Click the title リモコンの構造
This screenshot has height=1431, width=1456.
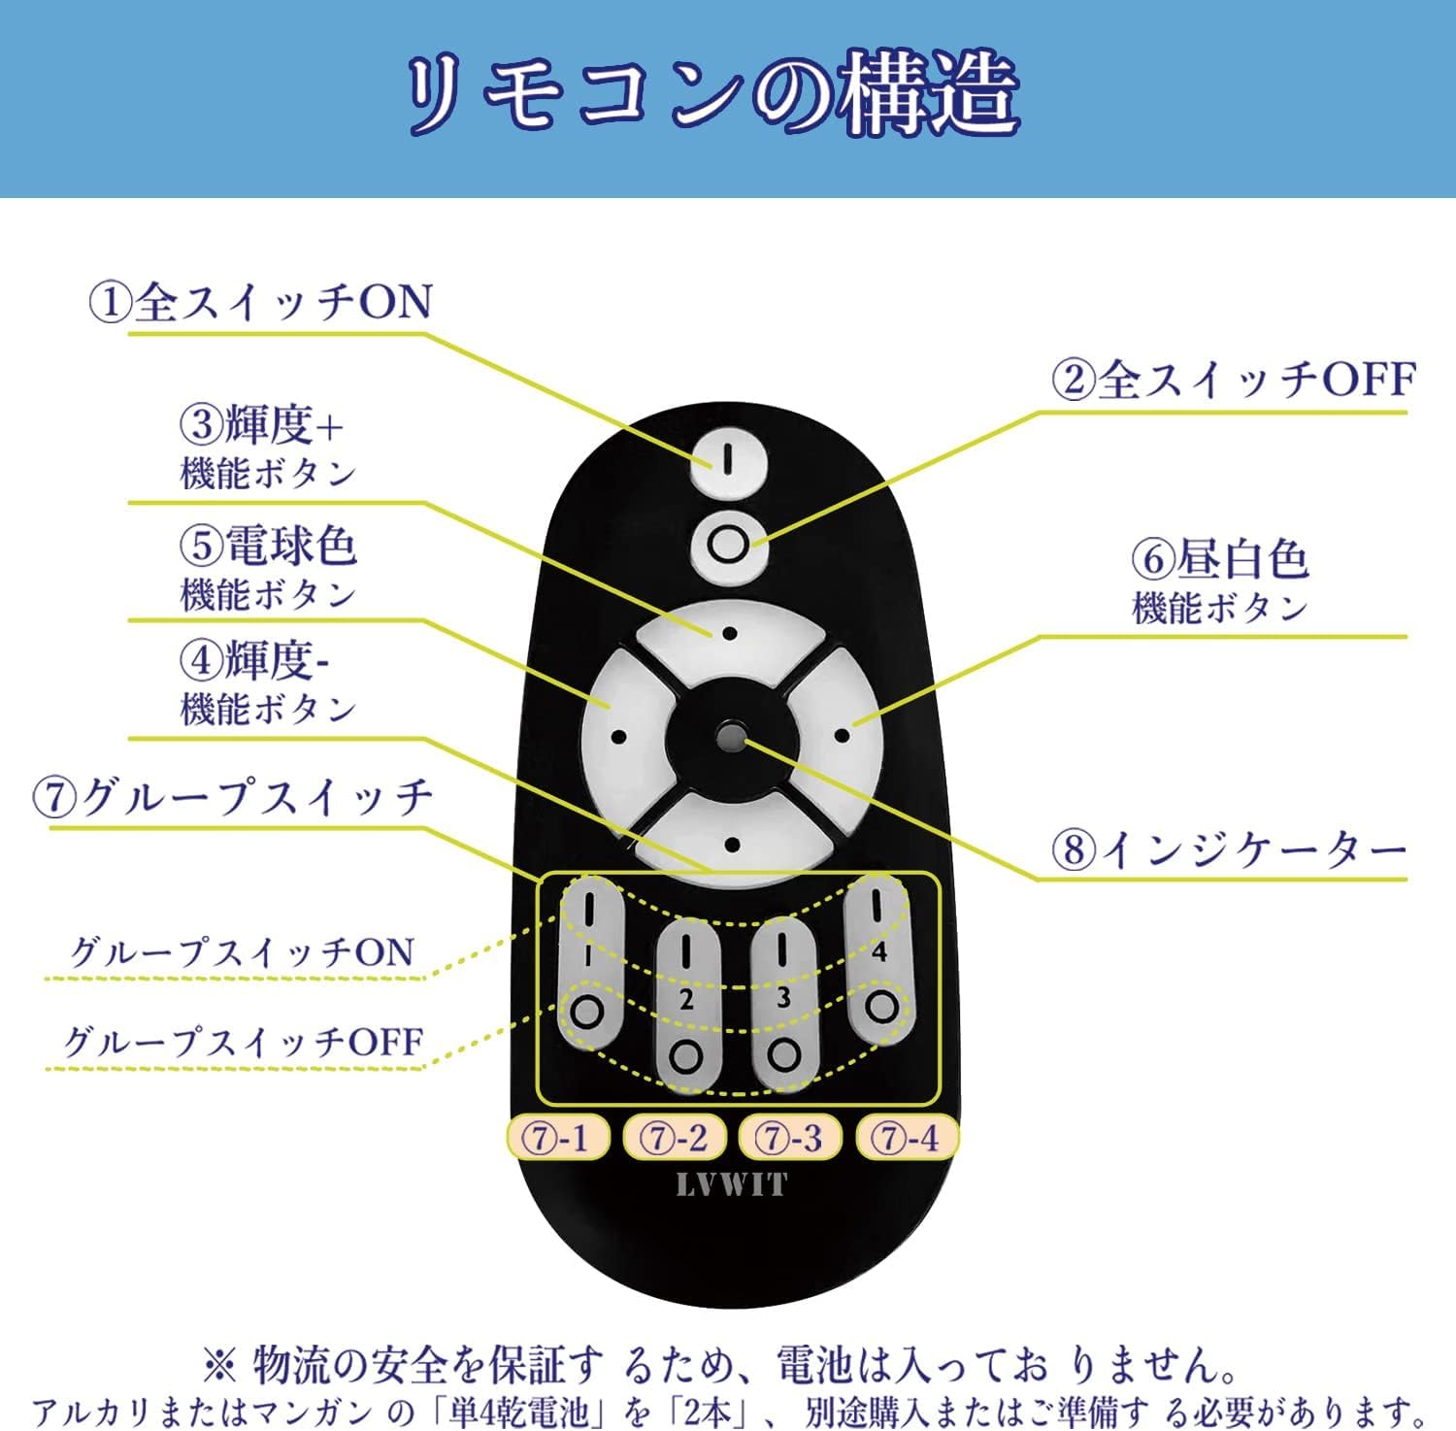pos(712,96)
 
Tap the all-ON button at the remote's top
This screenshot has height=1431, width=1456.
pos(728,457)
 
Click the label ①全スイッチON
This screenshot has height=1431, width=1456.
pos(260,302)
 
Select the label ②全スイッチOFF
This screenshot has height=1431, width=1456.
pos(1233,379)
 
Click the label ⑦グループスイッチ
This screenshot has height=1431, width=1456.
pos(233,797)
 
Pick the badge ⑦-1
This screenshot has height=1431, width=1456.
pos(558,1137)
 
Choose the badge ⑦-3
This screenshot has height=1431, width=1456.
pos(790,1137)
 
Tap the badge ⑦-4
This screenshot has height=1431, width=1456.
pos(907,1137)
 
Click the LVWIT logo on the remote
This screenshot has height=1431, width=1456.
pos(731,1185)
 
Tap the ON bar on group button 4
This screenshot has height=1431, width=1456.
pos(876,905)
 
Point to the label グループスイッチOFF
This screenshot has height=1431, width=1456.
pos(243,1042)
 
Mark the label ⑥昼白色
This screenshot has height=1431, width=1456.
pos(1220,559)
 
